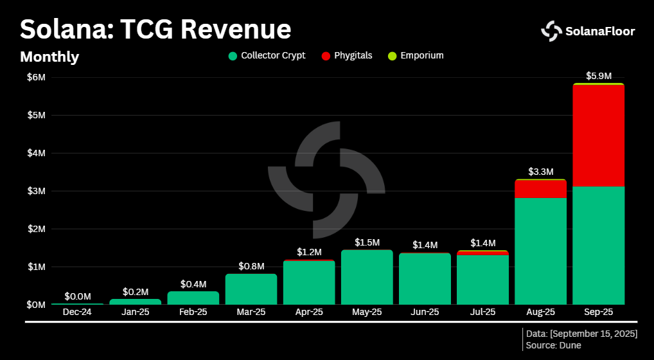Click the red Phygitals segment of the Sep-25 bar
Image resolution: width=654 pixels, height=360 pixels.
[598, 135]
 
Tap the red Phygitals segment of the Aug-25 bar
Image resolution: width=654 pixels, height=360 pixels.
[540, 189]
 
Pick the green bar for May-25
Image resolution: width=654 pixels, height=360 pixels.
[367, 277]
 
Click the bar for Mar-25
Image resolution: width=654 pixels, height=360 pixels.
[251, 289]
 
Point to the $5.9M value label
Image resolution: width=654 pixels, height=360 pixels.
[598, 76]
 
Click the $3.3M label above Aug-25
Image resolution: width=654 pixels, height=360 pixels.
[540, 172]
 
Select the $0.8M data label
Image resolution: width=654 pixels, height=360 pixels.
[251, 265]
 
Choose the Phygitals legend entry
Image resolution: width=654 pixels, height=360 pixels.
[347, 56]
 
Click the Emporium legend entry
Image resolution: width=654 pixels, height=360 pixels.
[416, 56]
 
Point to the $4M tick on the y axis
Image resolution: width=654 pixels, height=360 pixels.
[36, 153]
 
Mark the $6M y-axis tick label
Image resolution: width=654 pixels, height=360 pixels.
[36, 77]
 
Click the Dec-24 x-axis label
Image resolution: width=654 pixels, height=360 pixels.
[78, 312]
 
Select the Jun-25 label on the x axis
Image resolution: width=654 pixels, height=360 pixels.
[425, 312]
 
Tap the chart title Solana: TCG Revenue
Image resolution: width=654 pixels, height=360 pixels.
[155, 30]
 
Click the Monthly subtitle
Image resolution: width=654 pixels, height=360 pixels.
[49, 57]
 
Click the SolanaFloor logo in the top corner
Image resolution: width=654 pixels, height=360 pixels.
[588, 30]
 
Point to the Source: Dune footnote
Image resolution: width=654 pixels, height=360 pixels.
[553, 345]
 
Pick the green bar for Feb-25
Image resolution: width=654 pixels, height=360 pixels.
[193, 298]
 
